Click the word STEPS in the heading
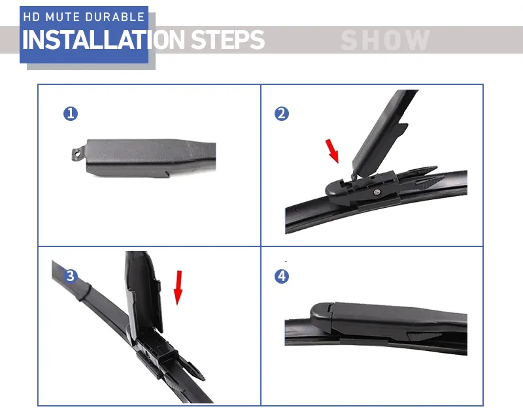pyautogui.click(x=228, y=41)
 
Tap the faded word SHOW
pyautogui.click(x=386, y=41)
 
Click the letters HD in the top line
pyautogui.click(x=31, y=17)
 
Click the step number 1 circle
pyautogui.click(x=71, y=114)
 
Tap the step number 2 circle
pyautogui.click(x=281, y=114)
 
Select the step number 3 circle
pyautogui.click(x=71, y=276)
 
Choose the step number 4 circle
pyautogui.click(x=281, y=276)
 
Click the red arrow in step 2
pyautogui.click(x=333, y=150)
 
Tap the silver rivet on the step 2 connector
pyautogui.click(x=379, y=191)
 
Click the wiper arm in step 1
pyautogui.click(x=150, y=156)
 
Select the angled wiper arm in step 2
pyautogui.click(x=382, y=131)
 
